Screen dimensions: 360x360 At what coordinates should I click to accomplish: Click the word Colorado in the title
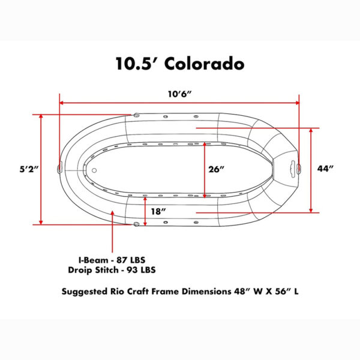click(x=204, y=64)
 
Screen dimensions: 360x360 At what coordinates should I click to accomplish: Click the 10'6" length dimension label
click(x=179, y=94)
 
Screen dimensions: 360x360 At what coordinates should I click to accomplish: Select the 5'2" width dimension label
click(x=28, y=169)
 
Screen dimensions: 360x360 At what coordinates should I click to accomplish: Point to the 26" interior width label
click(x=216, y=169)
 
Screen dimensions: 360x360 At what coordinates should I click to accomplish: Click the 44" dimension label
click(x=325, y=169)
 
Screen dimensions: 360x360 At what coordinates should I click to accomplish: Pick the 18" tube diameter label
click(x=158, y=211)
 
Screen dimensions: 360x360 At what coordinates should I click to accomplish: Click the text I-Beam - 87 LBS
click(x=112, y=260)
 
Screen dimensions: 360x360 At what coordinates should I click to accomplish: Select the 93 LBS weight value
click(x=141, y=270)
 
